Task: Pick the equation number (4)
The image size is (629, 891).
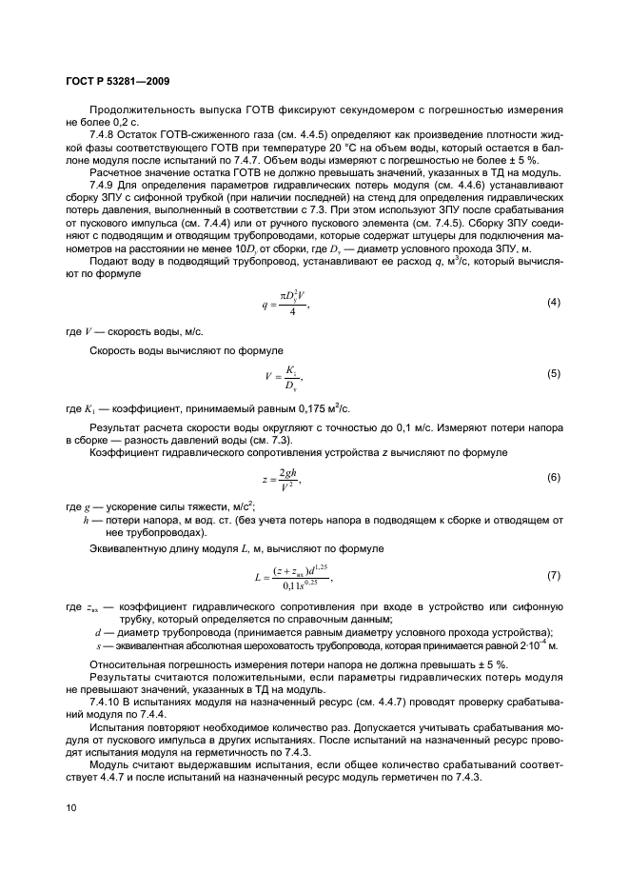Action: [553, 303]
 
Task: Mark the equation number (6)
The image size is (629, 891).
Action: [553, 477]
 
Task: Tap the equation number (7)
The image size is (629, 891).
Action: [553, 577]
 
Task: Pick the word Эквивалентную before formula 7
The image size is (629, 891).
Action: [130, 549]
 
